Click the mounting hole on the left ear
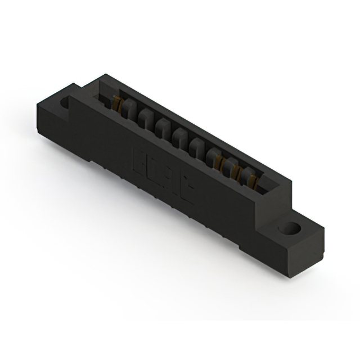point(64,103)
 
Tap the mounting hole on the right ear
point(290,229)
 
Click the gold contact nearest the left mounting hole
point(118,103)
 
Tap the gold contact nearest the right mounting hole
point(253,181)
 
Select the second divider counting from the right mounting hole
point(231,165)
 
